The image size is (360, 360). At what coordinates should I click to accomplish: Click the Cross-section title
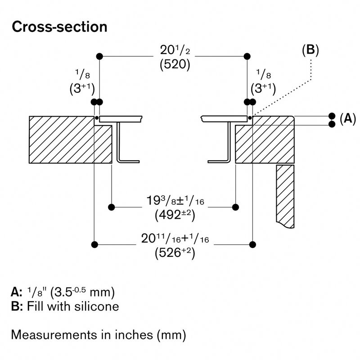[59, 27]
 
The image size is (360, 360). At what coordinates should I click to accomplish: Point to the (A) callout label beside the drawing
[347, 119]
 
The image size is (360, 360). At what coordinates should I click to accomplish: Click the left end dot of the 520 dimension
[99, 56]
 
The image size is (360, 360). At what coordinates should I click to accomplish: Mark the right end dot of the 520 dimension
[247, 56]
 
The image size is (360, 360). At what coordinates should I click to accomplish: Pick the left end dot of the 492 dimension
[111, 207]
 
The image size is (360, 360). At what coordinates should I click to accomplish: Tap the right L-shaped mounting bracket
[225, 144]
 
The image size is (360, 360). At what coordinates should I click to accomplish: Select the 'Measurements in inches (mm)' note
[99, 335]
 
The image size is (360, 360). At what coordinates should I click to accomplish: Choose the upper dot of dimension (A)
[332, 115]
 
